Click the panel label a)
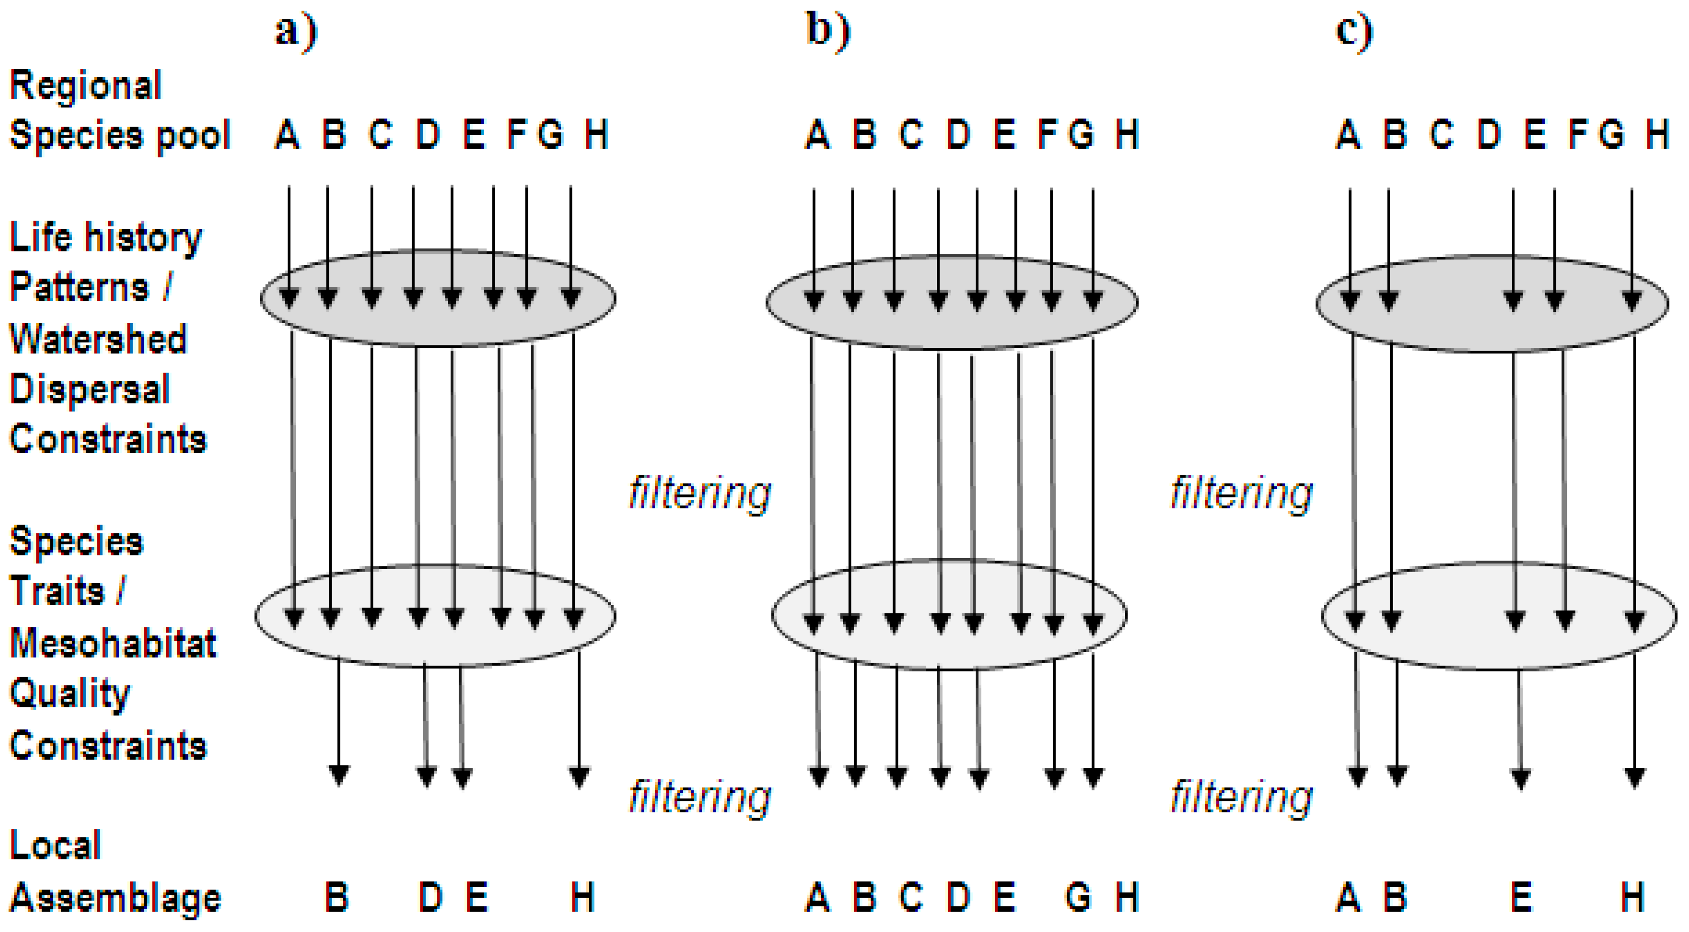(x=296, y=31)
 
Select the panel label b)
(x=828, y=31)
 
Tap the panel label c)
(x=1354, y=31)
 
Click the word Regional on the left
(x=85, y=86)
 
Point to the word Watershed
(x=98, y=339)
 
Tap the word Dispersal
(x=90, y=389)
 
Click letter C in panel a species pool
(x=380, y=135)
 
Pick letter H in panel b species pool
(x=1127, y=135)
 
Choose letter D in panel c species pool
(x=1489, y=135)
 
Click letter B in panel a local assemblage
(x=337, y=897)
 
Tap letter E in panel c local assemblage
(x=1521, y=897)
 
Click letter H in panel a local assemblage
(x=582, y=897)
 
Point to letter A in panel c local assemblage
(x=1348, y=897)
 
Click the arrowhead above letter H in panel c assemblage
(x=1635, y=777)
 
